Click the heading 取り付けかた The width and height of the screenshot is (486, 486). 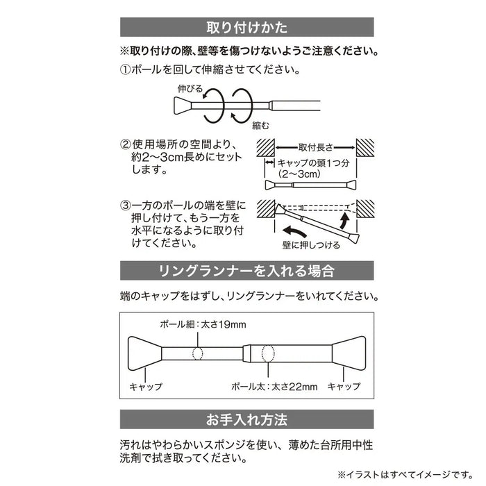tap(247, 28)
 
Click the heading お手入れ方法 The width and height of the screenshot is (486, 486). tap(247, 419)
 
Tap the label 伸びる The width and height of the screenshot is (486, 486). tap(190, 88)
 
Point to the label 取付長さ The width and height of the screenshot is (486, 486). tap(317, 147)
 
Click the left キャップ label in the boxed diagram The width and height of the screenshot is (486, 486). tap(146, 386)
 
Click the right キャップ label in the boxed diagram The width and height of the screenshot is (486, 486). tap(344, 386)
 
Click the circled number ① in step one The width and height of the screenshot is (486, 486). tap(126, 71)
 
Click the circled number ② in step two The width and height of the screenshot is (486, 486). tap(126, 145)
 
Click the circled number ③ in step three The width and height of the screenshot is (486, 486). tap(126, 206)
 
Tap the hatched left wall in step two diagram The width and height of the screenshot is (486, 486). tap(266, 147)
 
